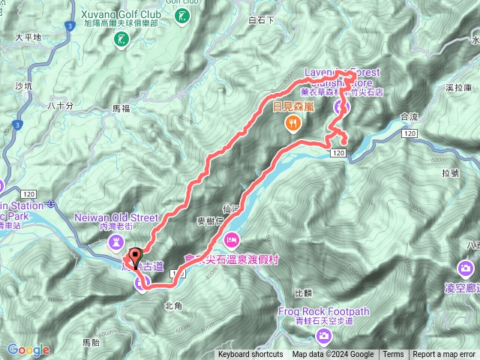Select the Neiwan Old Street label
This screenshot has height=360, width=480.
click(118, 217)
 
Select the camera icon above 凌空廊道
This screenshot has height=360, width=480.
click(466, 267)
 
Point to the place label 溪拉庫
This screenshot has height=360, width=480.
click(457, 88)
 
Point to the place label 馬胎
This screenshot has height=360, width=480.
click(90, 341)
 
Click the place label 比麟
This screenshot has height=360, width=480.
click(303, 292)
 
